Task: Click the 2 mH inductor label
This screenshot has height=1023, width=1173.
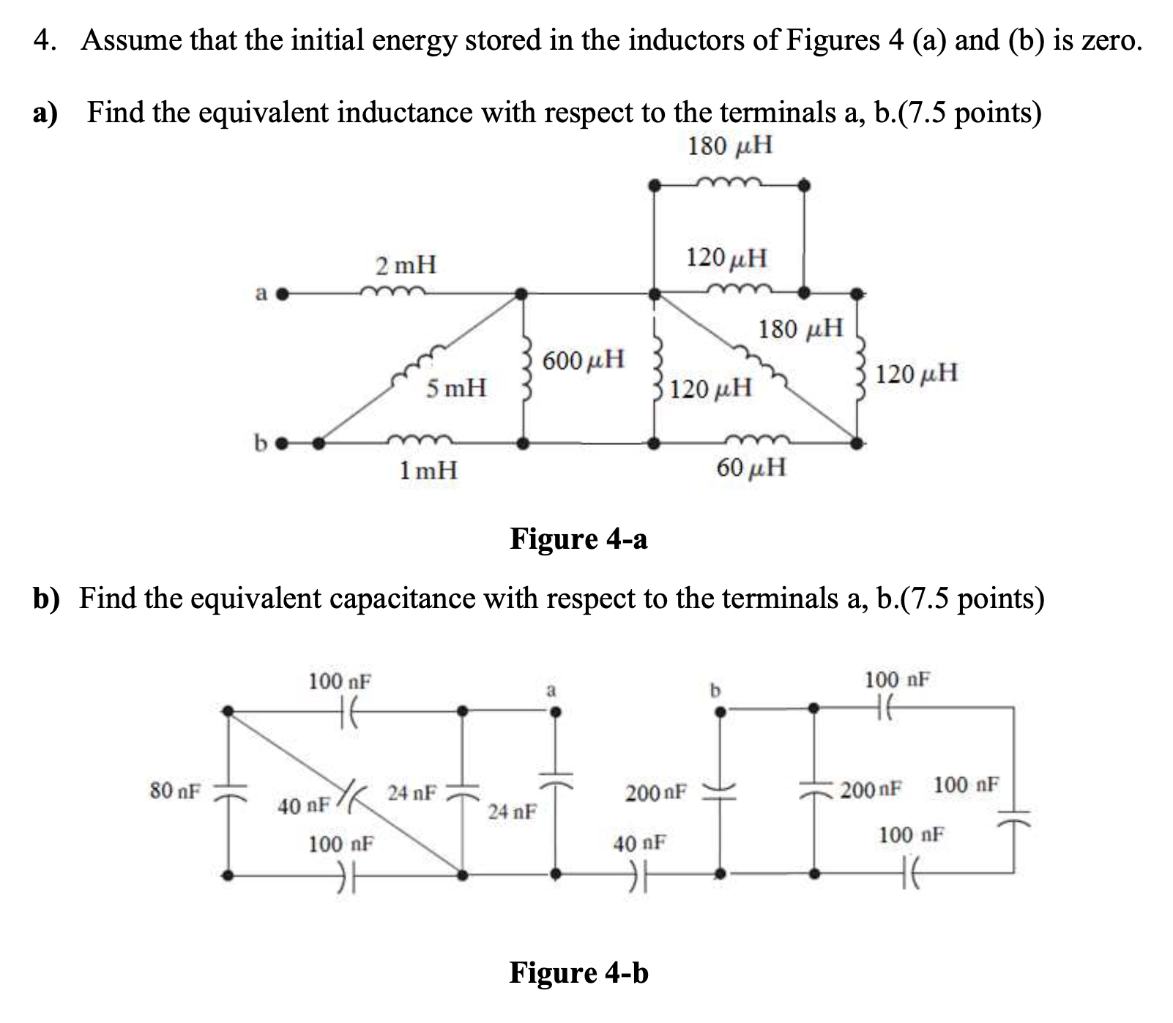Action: tap(406, 264)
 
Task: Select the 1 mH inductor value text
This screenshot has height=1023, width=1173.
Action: tap(428, 470)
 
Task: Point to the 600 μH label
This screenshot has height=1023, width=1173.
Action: tap(584, 360)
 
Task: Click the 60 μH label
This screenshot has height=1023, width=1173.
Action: tap(751, 467)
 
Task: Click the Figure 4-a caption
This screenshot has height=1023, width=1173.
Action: tap(578, 539)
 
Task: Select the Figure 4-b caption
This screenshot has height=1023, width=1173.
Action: tap(578, 973)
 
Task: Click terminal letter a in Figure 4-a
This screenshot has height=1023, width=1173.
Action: tap(261, 294)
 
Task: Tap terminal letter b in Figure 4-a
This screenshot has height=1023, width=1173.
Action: tap(259, 442)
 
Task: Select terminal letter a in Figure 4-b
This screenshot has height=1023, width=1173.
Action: tap(553, 690)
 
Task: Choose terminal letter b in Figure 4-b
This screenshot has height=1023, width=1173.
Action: tap(717, 690)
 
